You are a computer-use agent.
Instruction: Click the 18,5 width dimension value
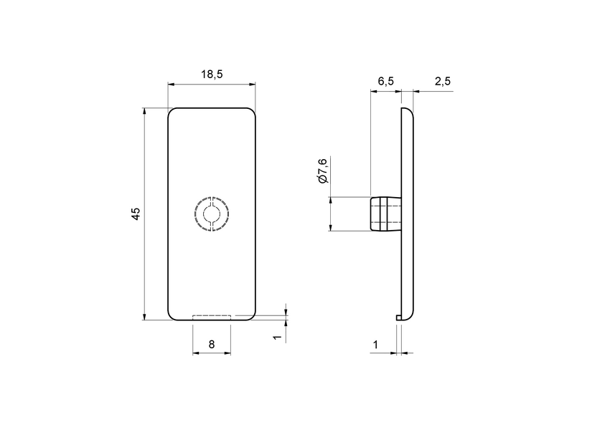212,75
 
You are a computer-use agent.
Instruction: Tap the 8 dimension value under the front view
212,345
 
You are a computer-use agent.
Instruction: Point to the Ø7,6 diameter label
322,171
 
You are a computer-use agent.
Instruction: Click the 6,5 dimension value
385,81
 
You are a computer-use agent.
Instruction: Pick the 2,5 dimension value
442,81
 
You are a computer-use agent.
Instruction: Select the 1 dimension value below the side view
375,345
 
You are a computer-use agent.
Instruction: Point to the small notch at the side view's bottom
398,317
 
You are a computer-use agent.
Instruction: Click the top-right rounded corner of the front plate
253,111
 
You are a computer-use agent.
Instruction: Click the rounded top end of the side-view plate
408,112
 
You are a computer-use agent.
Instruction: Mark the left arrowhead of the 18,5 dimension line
172,84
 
